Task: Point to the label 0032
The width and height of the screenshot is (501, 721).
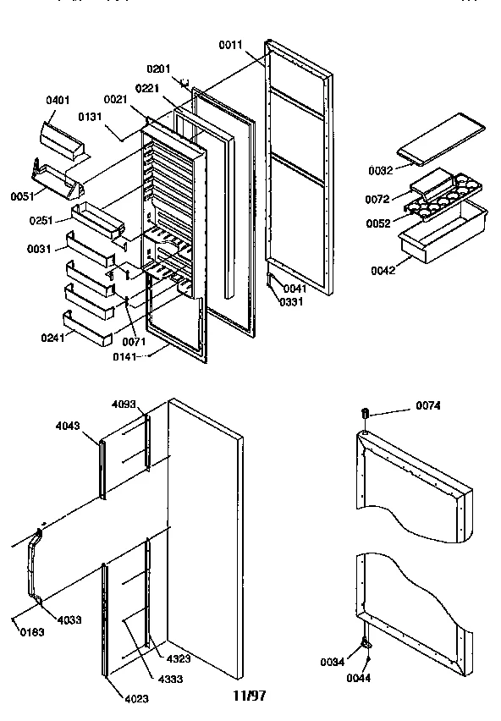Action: tap(380, 170)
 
